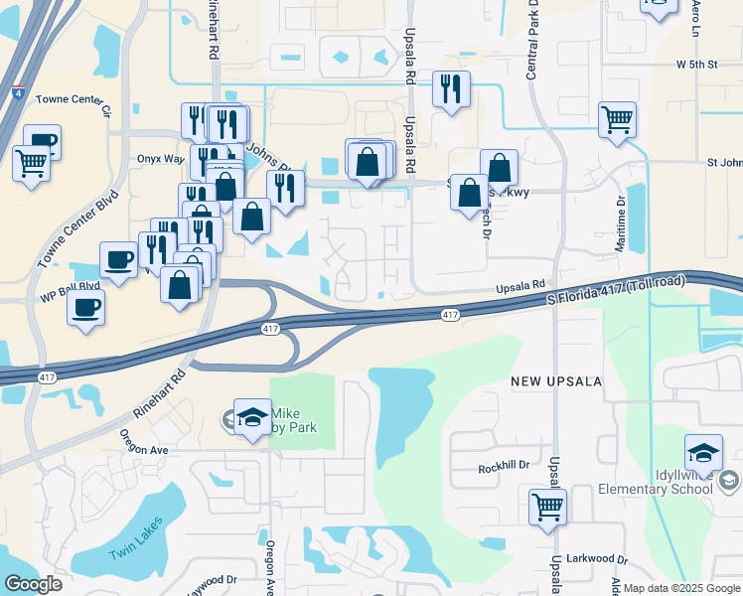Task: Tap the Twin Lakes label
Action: pyautogui.click(x=137, y=541)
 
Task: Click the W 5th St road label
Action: pyautogui.click(x=696, y=65)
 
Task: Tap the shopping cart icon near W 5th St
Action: pyautogui.click(x=618, y=120)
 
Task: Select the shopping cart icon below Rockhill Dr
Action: pyautogui.click(x=547, y=506)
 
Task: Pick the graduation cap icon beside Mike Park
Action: pyautogui.click(x=252, y=417)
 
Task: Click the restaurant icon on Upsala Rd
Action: pyautogui.click(x=451, y=89)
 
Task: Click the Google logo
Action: pyautogui.click(x=34, y=583)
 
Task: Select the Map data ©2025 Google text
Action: pyautogui.click(x=680, y=588)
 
